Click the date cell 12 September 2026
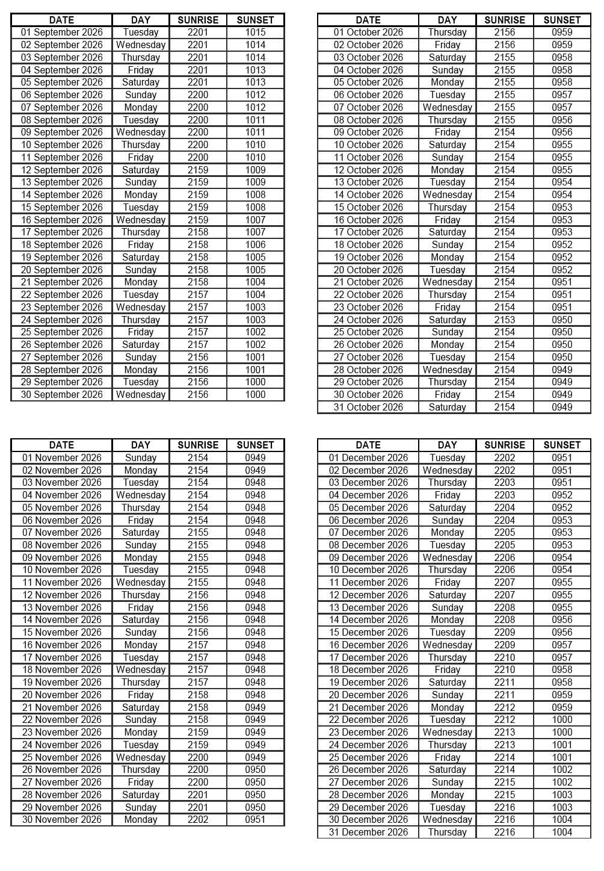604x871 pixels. tap(62, 170)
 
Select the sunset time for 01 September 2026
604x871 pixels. tap(255, 33)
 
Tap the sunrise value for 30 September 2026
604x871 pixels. tap(198, 395)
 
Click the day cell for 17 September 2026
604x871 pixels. tap(141, 232)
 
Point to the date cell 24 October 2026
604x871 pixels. tap(368, 320)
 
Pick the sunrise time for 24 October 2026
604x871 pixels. tap(505, 320)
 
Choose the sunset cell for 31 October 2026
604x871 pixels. tap(562, 408)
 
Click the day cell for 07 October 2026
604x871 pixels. tap(447, 107)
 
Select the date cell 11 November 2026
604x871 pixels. tap(62, 582)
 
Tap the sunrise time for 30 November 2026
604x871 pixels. tap(198, 820)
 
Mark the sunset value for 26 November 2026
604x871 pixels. tap(255, 770)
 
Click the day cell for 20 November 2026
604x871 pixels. tap(141, 695)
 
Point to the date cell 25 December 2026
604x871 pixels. tap(368, 757)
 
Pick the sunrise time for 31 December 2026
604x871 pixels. tap(505, 832)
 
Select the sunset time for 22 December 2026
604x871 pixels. tap(562, 720)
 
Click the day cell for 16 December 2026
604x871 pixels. tap(447, 645)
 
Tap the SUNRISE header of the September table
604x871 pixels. tap(198, 20)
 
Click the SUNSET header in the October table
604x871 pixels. tap(562, 20)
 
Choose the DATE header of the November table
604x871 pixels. tap(62, 445)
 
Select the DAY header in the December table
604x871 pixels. tap(447, 445)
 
